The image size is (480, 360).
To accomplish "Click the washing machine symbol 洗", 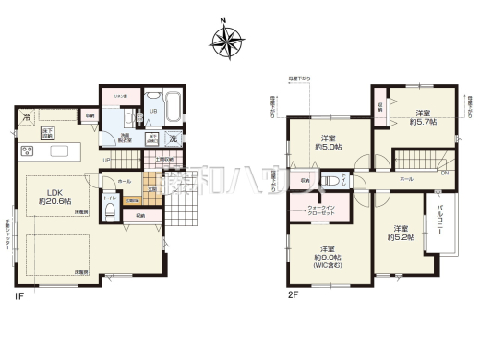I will coord(174,139).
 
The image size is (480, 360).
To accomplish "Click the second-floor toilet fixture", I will coord(334,181).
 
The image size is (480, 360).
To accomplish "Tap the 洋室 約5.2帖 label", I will coord(400,234).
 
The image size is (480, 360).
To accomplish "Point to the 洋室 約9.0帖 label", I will coord(327,254).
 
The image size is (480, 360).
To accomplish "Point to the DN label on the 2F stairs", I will coord(444,173).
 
